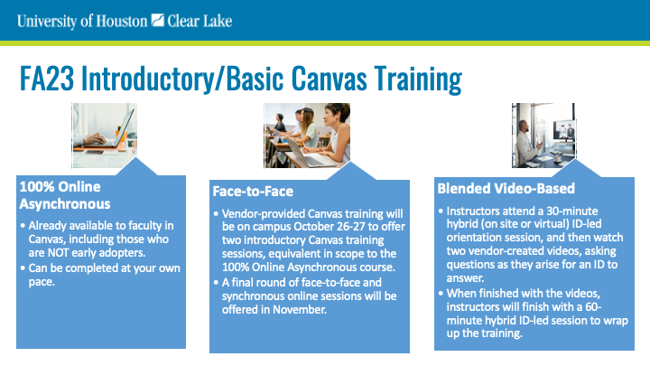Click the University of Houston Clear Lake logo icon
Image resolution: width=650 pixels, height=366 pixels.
pos(157,20)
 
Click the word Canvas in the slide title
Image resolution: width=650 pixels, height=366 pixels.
pos(329,78)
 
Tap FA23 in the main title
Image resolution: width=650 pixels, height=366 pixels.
pos(47,78)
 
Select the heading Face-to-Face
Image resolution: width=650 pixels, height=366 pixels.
pos(253,192)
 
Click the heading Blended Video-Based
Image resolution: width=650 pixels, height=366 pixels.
pos(506,188)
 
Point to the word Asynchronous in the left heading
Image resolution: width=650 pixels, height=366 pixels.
pos(65,203)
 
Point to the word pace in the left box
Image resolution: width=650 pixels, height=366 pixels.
pos(42,282)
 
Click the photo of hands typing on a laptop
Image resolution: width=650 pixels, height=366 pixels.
pos(105,136)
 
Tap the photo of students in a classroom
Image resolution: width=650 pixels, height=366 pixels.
pos(307,136)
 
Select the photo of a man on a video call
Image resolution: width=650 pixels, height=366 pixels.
pos(543,136)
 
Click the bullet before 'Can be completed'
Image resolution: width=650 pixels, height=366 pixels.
pos(23,268)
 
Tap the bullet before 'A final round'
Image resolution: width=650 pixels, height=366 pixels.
pos(216,283)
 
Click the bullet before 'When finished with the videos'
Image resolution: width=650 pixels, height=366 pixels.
pos(441,294)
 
